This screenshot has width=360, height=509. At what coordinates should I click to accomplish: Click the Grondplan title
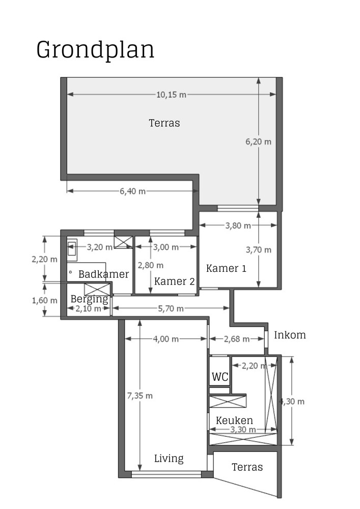click(95, 50)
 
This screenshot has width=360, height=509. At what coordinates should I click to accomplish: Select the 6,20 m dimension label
click(258, 142)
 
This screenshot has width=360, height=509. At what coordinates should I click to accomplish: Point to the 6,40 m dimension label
click(132, 191)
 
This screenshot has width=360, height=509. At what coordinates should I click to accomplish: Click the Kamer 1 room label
click(226, 268)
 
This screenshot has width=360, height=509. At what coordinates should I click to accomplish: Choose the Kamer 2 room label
click(174, 281)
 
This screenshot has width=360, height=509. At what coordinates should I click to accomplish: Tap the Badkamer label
click(103, 274)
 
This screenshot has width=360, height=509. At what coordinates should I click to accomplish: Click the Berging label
click(89, 299)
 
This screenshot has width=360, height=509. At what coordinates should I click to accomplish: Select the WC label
click(219, 378)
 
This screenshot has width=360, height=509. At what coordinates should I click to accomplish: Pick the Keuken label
click(234, 420)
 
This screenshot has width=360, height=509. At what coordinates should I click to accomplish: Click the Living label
click(169, 459)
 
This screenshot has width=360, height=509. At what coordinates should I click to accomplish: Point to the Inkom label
click(290, 335)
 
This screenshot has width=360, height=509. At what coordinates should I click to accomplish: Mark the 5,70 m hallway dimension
click(170, 308)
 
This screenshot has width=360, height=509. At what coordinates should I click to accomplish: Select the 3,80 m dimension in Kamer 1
click(238, 225)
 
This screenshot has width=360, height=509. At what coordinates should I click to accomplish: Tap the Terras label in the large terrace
click(164, 123)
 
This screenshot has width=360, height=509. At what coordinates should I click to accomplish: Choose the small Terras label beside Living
click(247, 467)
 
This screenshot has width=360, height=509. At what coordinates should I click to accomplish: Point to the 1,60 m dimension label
click(44, 300)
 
